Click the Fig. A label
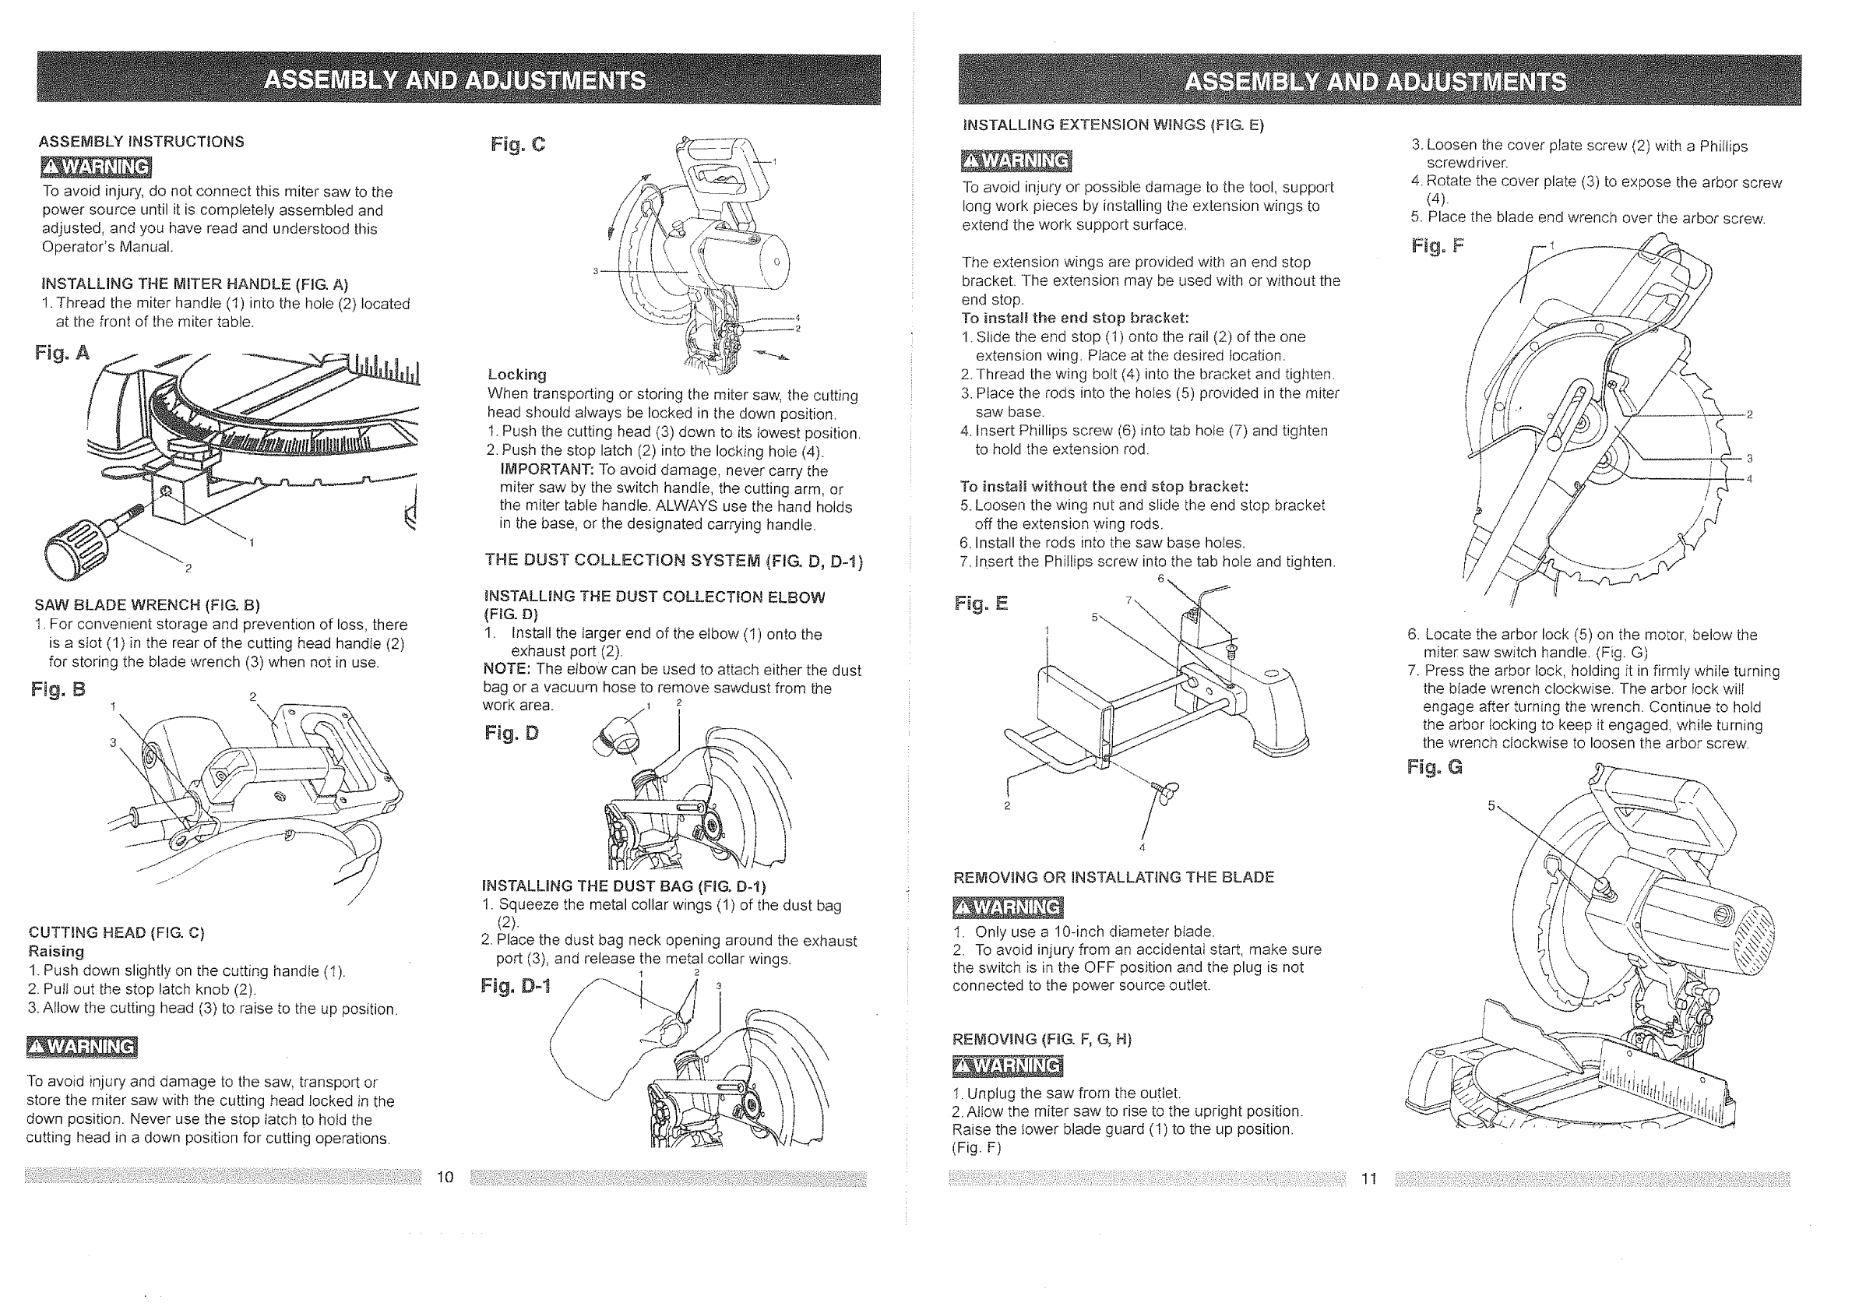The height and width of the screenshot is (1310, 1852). pyautogui.click(x=62, y=354)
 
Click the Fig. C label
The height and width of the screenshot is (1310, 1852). pyautogui.click(x=518, y=145)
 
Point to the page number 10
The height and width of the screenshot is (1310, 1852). pyautogui.click(x=445, y=1178)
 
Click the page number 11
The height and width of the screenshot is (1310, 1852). pyautogui.click(x=1369, y=1179)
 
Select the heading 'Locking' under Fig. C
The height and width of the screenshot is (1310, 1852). pyautogui.click(x=517, y=375)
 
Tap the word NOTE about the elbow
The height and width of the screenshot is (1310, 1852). pyautogui.click(x=505, y=671)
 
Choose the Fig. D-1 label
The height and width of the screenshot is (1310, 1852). pyautogui.click(x=516, y=987)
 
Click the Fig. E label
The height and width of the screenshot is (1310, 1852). pyautogui.click(x=981, y=604)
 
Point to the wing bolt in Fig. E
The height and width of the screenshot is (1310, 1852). pyautogui.click(x=1167, y=791)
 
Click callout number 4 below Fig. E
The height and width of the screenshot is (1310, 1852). pyautogui.click(x=1143, y=848)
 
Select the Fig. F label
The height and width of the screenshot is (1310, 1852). pyautogui.click(x=1438, y=246)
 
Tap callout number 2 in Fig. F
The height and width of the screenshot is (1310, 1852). pyautogui.click(x=1749, y=415)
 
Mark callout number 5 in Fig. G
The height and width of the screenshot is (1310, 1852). pyautogui.click(x=1491, y=805)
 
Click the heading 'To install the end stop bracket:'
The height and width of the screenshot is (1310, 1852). pyautogui.click(x=1076, y=318)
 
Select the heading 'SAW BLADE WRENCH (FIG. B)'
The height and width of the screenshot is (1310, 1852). pyautogui.click(x=146, y=605)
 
